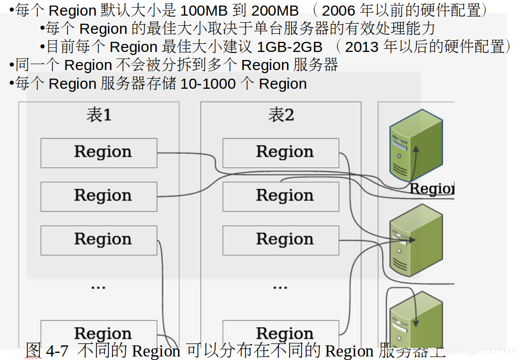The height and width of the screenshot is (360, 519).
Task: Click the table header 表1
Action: click(x=99, y=115)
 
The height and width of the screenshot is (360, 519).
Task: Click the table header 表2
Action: click(x=281, y=115)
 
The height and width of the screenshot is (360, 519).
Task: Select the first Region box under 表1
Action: click(x=99, y=152)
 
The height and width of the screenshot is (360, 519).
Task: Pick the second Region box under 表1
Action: click(x=99, y=196)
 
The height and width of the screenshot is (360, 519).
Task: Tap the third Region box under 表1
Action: click(x=99, y=240)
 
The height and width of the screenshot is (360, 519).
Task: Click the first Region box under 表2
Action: click(x=281, y=152)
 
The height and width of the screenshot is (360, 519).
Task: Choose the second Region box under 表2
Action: click(x=281, y=196)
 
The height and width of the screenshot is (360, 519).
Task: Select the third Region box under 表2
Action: click(x=281, y=240)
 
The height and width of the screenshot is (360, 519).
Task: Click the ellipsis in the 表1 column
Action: click(x=98, y=286)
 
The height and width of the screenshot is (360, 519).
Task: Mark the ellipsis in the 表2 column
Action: click(x=280, y=286)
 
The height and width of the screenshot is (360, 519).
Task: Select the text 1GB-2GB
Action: click(x=290, y=47)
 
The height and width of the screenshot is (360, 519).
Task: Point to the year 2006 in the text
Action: click(x=339, y=10)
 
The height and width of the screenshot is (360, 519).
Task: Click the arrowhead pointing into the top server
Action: click(x=416, y=149)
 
